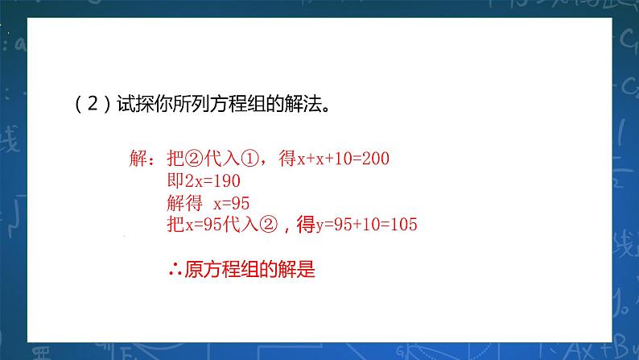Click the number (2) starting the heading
(x=85, y=105)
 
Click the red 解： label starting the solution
(x=146, y=158)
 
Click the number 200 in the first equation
(x=376, y=159)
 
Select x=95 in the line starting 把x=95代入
(x=200, y=226)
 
